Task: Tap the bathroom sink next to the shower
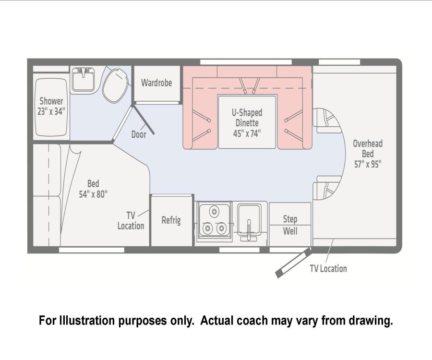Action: (x=83, y=80)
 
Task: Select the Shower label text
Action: (x=51, y=101)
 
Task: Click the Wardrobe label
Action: (x=156, y=83)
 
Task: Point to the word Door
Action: (x=139, y=134)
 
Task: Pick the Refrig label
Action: (x=171, y=220)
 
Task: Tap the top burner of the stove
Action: (x=214, y=212)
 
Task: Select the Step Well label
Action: (x=290, y=225)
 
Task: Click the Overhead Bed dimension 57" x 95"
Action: (x=368, y=165)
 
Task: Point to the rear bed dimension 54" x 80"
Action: (x=93, y=194)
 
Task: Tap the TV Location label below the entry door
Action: (x=328, y=268)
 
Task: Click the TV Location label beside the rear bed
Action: (x=131, y=221)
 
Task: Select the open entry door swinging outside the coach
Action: (x=293, y=263)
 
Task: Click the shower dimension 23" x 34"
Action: (x=51, y=111)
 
